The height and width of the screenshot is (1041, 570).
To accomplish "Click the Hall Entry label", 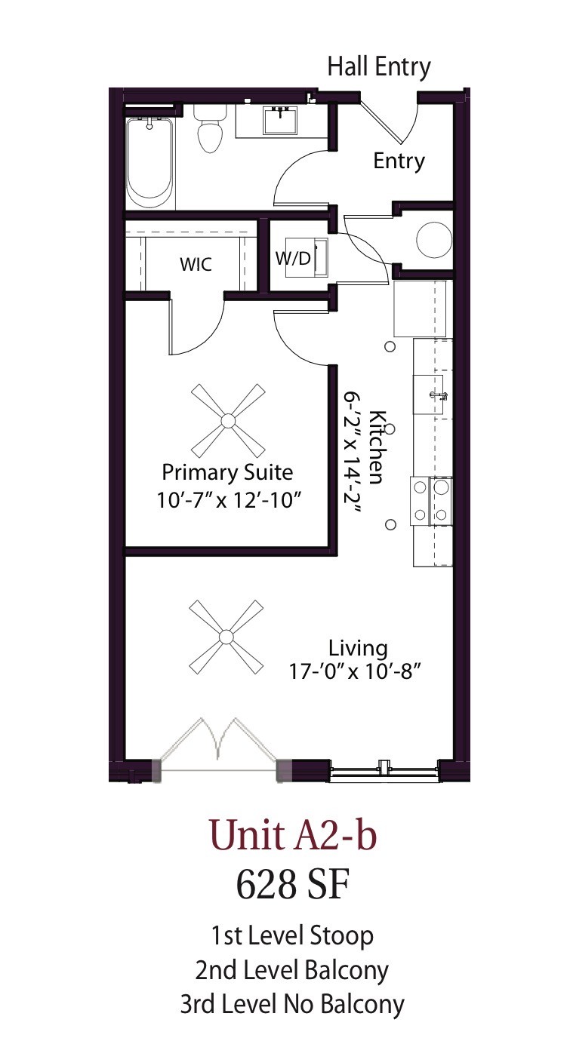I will (378, 66).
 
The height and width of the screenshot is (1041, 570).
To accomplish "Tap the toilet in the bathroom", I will (210, 128).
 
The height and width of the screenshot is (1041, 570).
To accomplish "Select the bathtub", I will (149, 162).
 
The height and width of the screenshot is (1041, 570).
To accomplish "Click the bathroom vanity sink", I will (282, 119).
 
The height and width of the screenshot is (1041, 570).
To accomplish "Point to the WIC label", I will (196, 265).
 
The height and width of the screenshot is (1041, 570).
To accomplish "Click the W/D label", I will (292, 258).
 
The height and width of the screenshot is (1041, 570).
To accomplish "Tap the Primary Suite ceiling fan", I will (227, 417).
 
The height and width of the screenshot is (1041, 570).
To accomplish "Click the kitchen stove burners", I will (431, 501).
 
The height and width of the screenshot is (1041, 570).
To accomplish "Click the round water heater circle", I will (433, 239).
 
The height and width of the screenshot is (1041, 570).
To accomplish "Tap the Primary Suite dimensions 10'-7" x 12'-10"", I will (227, 499).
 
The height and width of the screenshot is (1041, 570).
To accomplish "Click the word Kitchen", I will (378, 447).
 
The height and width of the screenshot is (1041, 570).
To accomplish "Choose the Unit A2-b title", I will (292, 836).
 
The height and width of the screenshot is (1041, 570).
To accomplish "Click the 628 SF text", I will (292, 884).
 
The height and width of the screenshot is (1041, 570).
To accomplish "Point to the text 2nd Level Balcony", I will (292, 969).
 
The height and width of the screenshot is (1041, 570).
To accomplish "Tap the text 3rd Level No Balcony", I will (292, 1004).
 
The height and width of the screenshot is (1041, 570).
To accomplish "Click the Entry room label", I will (399, 161).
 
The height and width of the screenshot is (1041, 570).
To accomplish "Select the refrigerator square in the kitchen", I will (422, 309).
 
